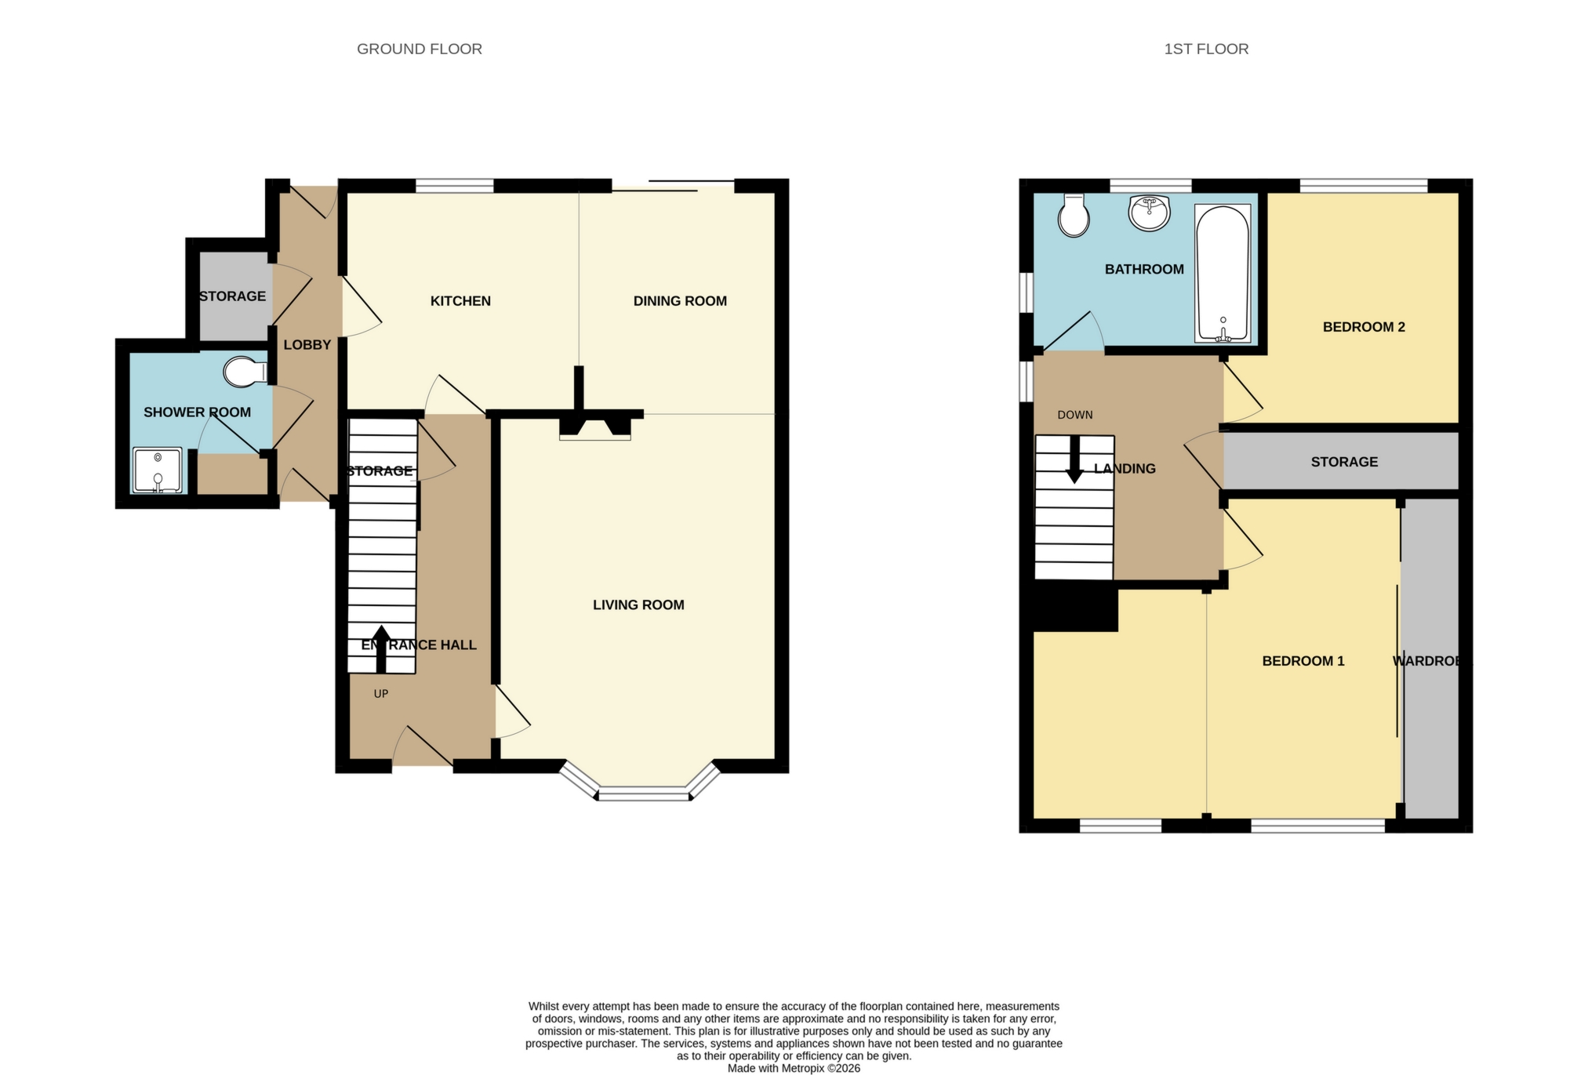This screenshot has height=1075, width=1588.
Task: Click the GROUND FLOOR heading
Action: click(x=419, y=49)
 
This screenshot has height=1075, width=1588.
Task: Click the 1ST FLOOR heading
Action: click(x=1205, y=49)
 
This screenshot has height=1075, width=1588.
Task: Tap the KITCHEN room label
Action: click(x=460, y=301)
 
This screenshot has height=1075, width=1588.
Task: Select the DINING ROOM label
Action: click(x=680, y=301)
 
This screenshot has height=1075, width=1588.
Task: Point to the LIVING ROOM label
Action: click(x=638, y=605)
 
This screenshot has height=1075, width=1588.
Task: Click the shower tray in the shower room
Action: click(x=158, y=470)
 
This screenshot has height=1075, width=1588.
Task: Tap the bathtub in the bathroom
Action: click(x=1222, y=274)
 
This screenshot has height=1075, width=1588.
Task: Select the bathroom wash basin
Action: click(x=1149, y=213)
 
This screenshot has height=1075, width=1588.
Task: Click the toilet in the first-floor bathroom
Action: click(x=1073, y=216)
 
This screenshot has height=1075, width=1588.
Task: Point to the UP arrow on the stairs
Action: click(x=381, y=648)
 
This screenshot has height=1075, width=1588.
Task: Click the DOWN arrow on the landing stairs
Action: click(x=1074, y=459)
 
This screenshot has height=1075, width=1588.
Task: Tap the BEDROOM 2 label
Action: click(x=1363, y=327)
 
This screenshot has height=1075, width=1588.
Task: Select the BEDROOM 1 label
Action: click(x=1303, y=661)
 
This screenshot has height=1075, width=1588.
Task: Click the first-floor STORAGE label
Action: click(x=1343, y=462)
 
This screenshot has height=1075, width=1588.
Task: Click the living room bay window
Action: click(x=643, y=794)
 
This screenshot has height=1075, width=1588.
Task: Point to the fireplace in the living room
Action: click(x=594, y=428)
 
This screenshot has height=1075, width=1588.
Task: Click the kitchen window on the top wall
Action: click(x=454, y=186)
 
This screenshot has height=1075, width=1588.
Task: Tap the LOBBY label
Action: click(x=307, y=345)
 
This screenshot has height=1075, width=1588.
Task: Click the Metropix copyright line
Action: click(x=794, y=1068)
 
